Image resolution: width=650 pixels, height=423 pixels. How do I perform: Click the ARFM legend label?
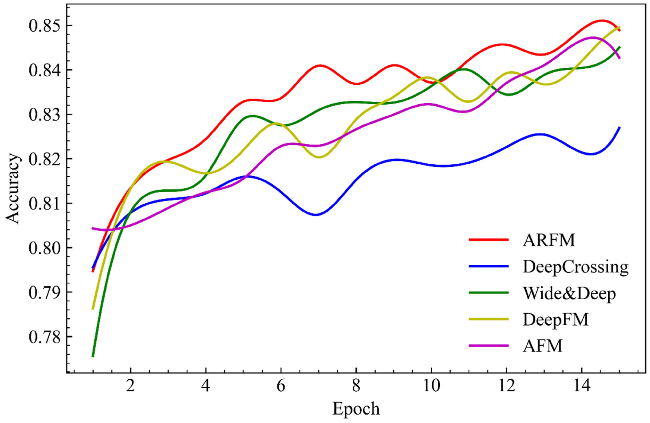point(549,240)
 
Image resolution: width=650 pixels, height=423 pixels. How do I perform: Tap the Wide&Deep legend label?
point(569,294)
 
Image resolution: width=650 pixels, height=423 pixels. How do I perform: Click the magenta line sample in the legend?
point(489,346)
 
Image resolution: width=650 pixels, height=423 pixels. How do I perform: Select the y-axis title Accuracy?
point(13,188)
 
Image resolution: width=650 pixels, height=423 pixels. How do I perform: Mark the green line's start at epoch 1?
point(93,356)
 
